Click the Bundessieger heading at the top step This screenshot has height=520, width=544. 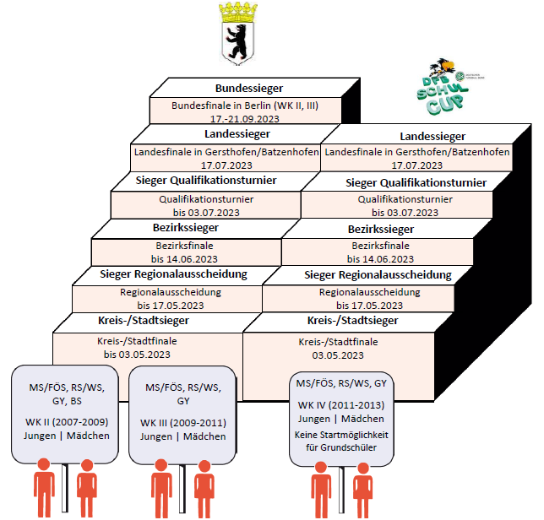[248, 87]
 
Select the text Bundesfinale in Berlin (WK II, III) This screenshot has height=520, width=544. [245, 106]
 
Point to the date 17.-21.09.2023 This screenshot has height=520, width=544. [245, 119]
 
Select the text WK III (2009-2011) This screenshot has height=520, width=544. [183, 421]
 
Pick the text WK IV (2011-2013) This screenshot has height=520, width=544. [341, 405]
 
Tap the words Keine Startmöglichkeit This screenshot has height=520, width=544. [341, 435]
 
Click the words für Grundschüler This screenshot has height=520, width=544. [341, 447]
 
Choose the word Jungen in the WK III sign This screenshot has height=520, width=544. [156, 436]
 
